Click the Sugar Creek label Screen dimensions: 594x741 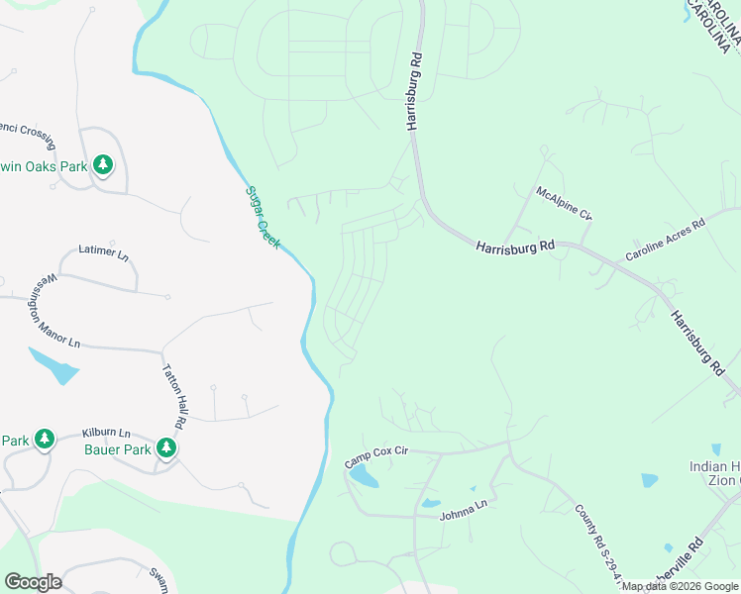click(x=263, y=217)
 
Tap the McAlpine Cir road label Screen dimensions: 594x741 click(x=563, y=203)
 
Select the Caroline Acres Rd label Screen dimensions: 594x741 click(x=664, y=241)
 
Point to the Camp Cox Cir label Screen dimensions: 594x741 click(x=376, y=455)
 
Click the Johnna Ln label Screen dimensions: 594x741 click(x=466, y=508)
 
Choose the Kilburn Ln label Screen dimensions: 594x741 click(x=106, y=434)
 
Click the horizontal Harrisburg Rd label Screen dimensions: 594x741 click(x=514, y=247)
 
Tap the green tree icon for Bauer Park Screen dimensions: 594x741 click(x=166, y=448)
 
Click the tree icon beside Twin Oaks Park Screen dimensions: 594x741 click(x=102, y=164)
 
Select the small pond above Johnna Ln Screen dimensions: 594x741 click(x=430, y=503)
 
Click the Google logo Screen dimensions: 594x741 click(x=33, y=582)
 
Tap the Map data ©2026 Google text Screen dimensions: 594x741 click(x=681, y=586)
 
